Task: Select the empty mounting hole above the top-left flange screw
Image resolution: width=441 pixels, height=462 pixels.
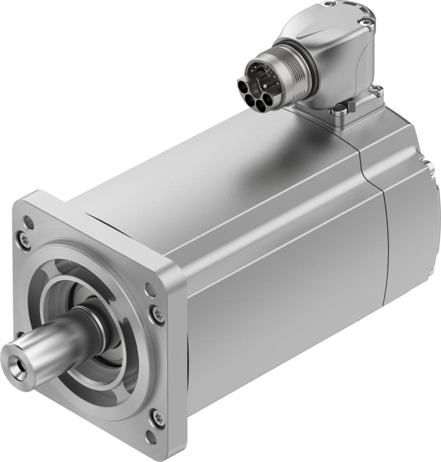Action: (x=28, y=222)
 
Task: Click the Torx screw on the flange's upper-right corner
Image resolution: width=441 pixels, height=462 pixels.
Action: (x=158, y=314)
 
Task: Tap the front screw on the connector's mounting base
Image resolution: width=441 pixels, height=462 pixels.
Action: (x=340, y=108)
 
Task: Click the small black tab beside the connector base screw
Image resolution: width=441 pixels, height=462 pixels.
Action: (x=352, y=106)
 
